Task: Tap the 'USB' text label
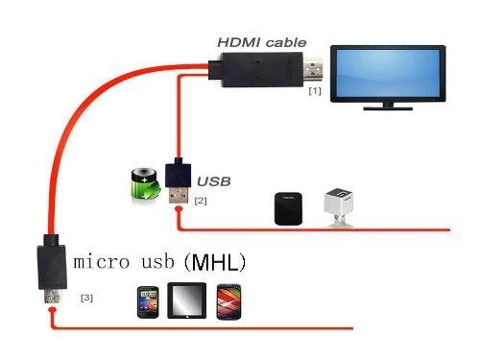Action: [214, 180]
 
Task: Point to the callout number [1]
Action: [314, 92]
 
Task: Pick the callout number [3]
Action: [86, 299]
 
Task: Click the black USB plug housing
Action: [179, 176]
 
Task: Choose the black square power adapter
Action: [287, 206]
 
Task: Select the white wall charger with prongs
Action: [337, 204]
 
